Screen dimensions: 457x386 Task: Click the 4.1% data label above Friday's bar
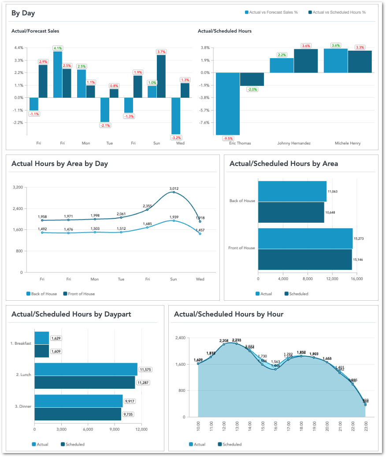click(x=58, y=48)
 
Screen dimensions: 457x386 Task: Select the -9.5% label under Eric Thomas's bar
click(x=228, y=138)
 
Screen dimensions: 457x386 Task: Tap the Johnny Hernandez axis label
click(x=293, y=144)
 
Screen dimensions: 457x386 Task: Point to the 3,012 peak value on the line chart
click(x=174, y=188)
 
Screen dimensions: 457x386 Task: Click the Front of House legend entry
click(x=81, y=294)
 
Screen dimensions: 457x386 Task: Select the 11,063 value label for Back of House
click(x=333, y=192)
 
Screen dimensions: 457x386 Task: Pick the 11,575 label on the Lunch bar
click(x=145, y=369)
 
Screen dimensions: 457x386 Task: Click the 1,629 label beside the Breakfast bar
click(x=56, y=338)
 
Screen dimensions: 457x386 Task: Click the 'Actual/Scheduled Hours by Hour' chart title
click(x=228, y=314)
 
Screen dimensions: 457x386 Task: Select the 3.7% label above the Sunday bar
click(x=161, y=52)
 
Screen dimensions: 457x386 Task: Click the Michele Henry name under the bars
click(x=347, y=144)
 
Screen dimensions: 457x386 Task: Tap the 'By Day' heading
click(x=23, y=13)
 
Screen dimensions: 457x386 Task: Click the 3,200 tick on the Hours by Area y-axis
click(x=17, y=188)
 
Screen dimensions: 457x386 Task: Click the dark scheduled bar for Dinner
click(x=78, y=414)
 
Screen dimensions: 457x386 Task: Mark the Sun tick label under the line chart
click(x=174, y=279)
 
